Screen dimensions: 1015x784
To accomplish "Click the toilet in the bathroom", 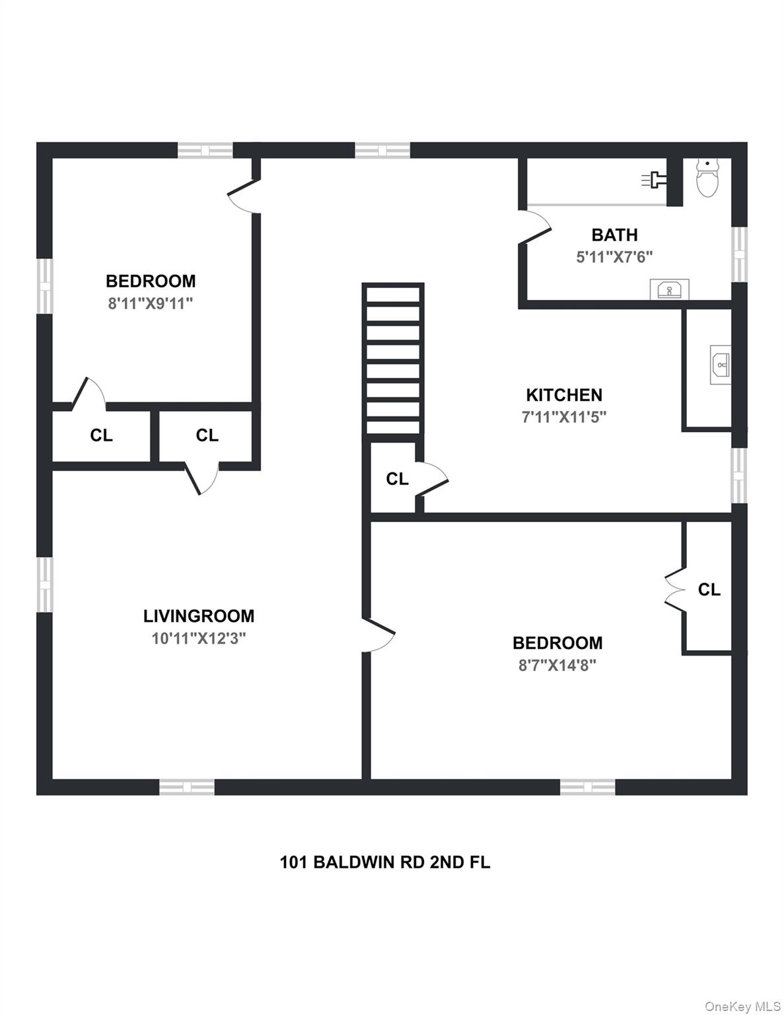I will [x=707, y=179].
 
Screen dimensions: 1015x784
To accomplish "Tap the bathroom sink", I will [x=669, y=289].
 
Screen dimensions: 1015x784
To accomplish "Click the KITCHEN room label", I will [x=563, y=395].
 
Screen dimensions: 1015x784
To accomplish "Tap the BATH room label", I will [x=614, y=235].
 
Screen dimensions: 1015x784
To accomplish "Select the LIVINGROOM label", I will [x=198, y=616].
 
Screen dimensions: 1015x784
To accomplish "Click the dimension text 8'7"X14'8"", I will [x=557, y=665].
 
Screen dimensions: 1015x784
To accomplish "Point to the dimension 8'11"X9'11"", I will [x=151, y=303].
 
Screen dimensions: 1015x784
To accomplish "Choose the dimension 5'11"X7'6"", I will [x=614, y=257].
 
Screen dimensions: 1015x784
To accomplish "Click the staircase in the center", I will [x=393, y=359].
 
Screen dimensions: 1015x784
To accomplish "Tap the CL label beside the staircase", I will [x=397, y=479].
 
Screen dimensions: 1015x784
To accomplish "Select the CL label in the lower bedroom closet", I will [x=709, y=589].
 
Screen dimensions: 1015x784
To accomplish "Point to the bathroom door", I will [x=535, y=228].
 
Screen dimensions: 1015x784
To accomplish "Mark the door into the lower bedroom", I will [x=379, y=635].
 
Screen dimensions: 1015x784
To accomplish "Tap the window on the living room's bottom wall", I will [x=187, y=786].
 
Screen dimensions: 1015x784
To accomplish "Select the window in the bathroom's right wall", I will [x=739, y=254].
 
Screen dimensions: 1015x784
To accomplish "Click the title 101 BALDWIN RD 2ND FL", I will [x=385, y=862].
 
